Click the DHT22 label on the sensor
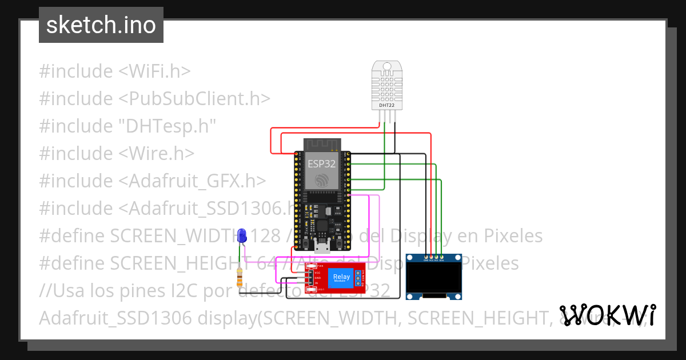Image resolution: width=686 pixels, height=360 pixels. [x=387, y=105]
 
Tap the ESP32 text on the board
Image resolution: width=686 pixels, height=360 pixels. [x=322, y=163]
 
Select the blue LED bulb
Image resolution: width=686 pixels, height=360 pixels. [x=242, y=235]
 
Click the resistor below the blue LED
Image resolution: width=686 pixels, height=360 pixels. [x=240, y=278]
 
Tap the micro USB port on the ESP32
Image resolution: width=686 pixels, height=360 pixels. [x=322, y=247]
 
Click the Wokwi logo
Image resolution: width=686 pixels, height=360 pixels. [x=608, y=315]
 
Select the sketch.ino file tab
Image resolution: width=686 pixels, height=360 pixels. [x=101, y=25]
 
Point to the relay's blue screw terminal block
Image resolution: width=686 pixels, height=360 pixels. [x=359, y=278]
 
